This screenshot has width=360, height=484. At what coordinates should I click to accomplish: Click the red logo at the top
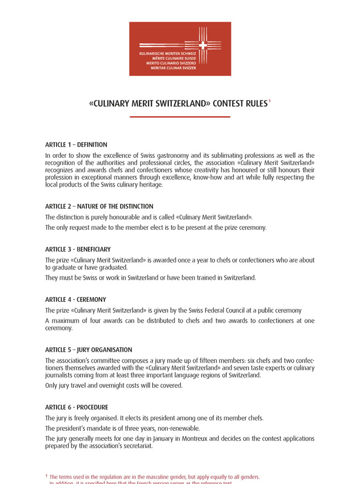click(x=180, y=49)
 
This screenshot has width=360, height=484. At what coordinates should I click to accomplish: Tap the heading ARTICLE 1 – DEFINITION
click(x=76, y=145)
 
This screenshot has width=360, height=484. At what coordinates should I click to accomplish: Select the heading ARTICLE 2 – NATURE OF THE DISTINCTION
click(x=99, y=207)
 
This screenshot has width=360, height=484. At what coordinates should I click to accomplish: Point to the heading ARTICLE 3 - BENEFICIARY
click(x=78, y=250)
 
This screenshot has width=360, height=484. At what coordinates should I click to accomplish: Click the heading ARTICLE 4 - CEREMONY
click(x=75, y=300)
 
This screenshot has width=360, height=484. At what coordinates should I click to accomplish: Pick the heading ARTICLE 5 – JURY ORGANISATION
click(x=89, y=350)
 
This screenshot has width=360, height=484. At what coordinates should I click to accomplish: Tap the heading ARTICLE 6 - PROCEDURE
click(x=76, y=408)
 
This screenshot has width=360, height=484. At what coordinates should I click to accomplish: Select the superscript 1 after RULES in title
click(x=270, y=101)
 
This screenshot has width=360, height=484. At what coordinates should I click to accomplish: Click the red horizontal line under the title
click(x=180, y=117)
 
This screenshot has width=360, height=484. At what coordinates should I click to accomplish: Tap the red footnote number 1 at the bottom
click(x=47, y=476)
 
